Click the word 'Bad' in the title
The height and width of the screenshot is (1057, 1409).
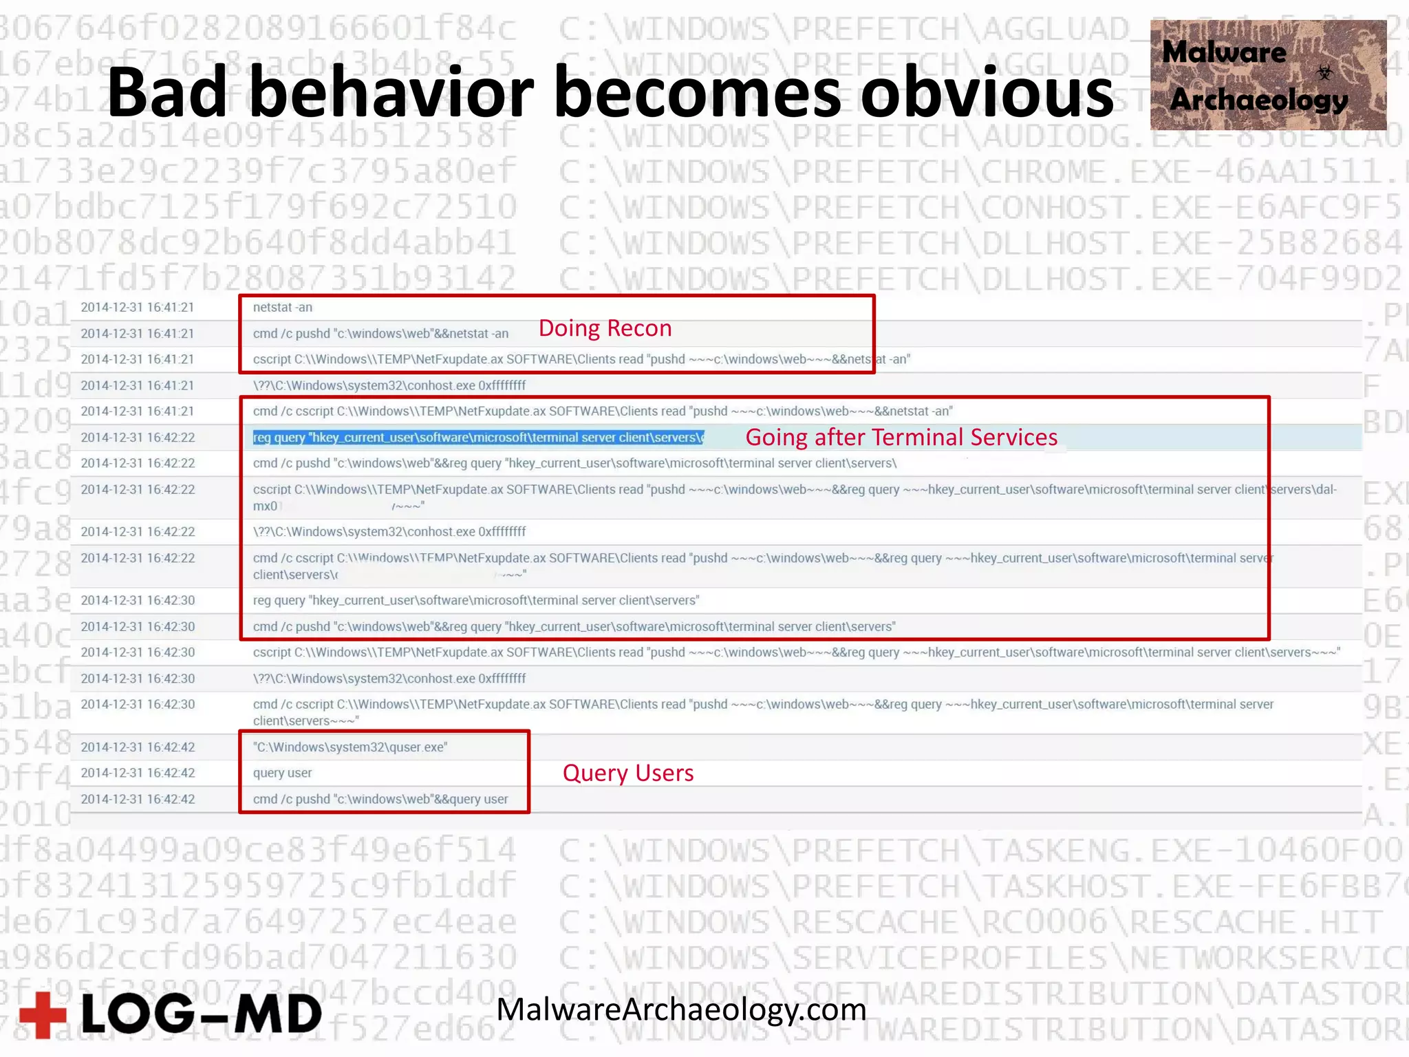167,93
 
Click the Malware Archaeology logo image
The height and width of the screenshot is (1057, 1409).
1267,75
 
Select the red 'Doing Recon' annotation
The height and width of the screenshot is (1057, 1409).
605,328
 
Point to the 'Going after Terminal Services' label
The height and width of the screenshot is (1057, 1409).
901,437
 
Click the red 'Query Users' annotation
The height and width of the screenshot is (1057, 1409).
628,773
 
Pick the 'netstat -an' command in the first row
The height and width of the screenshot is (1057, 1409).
282,308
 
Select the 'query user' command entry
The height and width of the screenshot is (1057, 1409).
282,773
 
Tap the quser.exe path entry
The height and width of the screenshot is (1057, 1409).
350,747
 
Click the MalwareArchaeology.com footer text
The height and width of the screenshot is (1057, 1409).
681,1010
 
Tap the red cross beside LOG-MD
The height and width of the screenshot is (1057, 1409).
43,1014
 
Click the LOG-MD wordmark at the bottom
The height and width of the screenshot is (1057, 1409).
202,1014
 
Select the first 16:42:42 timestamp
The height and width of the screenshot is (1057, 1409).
138,747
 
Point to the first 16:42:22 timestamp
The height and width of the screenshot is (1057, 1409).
138,438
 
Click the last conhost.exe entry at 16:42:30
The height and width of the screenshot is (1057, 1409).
389,679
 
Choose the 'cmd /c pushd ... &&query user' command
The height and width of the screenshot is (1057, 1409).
380,799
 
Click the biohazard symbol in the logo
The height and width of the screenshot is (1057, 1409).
1324,72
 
